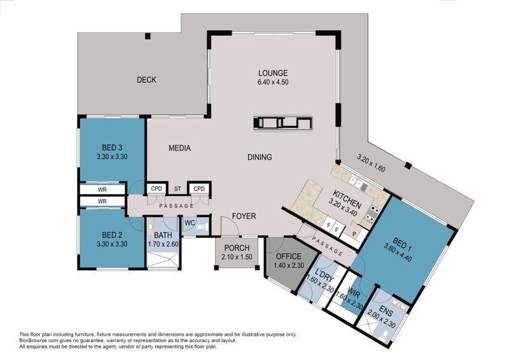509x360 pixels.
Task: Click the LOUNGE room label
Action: click(273, 73)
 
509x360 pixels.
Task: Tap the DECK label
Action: click(146, 80)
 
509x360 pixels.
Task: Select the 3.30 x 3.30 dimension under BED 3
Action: click(112, 156)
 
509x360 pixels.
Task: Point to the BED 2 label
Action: click(112, 235)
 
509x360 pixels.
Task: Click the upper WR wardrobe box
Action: click(102, 190)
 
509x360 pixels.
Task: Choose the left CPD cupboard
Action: click(157, 189)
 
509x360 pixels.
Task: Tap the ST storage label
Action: click(178, 189)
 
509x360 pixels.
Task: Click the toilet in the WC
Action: click(204, 226)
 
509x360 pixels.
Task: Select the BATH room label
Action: click(163, 235)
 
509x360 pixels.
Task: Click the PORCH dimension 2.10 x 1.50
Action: click(237, 257)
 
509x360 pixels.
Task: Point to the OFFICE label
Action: click(289, 256)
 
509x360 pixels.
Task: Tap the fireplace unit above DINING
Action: click(283, 123)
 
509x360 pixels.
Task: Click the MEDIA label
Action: click(179, 148)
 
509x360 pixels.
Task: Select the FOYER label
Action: click(244, 216)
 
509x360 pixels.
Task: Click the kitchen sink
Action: click(358, 184)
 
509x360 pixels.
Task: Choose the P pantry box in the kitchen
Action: click(354, 233)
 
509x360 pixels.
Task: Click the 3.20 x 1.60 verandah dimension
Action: click(371, 163)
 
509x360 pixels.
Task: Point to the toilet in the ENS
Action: click(386, 334)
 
